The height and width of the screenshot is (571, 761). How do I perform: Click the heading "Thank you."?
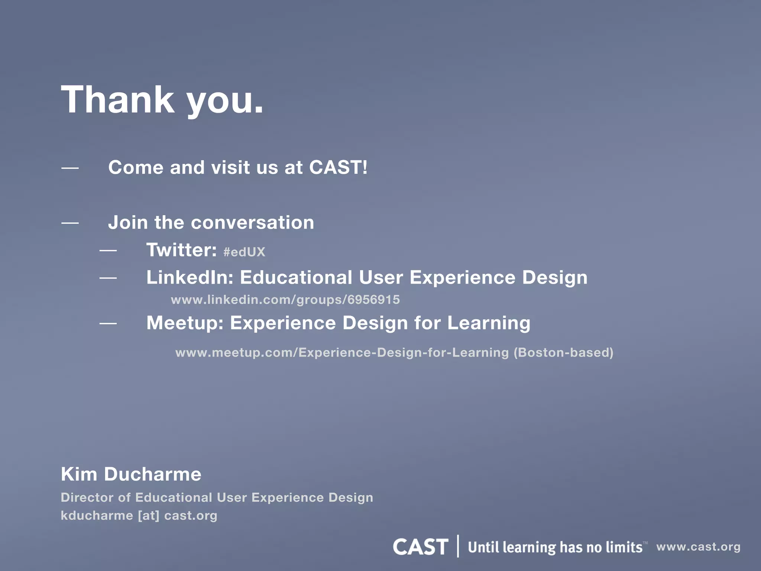(162, 100)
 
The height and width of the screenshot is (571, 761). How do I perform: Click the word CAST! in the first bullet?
(338, 167)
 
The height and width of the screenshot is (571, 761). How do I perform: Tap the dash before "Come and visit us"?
(70, 168)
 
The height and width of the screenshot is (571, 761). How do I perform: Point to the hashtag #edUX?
(244, 252)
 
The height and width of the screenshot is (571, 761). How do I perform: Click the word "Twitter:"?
(181, 250)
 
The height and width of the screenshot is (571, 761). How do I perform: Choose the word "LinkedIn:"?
(190, 277)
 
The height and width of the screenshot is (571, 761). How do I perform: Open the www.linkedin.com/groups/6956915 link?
(285, 300)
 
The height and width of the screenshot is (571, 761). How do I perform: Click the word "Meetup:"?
(185, 323)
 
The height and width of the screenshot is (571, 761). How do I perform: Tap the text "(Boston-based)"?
(563, 352)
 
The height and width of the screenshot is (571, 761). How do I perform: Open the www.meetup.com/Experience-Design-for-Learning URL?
(342, 352)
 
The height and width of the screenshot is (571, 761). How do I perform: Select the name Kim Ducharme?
(131, 474)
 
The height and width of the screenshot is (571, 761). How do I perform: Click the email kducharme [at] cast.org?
(139, 516)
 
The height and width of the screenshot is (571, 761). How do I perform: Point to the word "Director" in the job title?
(87, 497)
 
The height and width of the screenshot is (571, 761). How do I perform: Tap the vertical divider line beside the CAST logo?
(458, 546)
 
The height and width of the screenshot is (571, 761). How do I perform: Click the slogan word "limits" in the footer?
(624, 547)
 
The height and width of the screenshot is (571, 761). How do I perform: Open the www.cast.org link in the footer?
(698, 547)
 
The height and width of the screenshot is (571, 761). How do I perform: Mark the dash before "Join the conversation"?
(70, 223)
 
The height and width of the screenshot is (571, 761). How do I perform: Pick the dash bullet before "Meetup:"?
(108, 324)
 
